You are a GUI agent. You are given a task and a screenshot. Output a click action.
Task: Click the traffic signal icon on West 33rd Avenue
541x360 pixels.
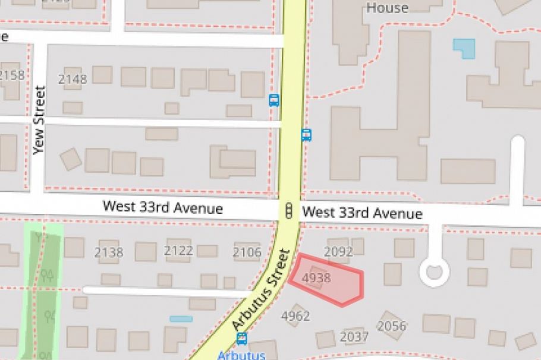click(290, 210)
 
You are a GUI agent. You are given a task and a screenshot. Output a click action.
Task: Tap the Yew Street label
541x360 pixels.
click(39, 120)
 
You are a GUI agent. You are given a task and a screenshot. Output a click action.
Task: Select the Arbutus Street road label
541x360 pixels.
click(262, 290)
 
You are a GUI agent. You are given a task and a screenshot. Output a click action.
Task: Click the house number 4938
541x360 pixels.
click(316, 277)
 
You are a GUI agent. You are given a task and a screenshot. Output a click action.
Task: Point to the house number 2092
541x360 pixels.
click(338, 252)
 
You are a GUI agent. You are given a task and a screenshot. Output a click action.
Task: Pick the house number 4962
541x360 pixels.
click(295, 315)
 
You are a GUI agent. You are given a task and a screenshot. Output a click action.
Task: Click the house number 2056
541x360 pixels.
click(392, 326)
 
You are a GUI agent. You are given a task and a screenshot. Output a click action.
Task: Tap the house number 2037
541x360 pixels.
click(354, 337)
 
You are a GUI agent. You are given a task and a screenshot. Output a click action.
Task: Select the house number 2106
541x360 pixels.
click(247, 252)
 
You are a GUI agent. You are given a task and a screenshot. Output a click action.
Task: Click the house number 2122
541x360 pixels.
click(178, 251)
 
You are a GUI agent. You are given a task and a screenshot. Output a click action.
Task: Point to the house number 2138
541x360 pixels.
click(109, 252)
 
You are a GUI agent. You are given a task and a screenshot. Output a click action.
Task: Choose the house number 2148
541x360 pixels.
click(73, 79)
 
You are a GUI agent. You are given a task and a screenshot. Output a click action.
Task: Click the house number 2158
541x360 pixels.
click(12, 75)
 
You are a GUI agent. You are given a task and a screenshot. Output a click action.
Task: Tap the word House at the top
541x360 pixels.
click(387, 8)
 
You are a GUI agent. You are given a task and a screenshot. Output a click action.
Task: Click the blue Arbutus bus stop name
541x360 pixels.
click(241, 355)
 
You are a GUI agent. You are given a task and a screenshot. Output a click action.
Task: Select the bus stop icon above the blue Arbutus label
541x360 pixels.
click(241, 339)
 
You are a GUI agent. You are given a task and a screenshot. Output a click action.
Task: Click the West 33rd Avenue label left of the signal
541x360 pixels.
click(163, 208)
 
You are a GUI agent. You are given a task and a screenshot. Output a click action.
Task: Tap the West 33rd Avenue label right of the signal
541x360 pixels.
click(362, 213)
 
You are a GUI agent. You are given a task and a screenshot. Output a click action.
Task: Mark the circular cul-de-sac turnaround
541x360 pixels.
click(434, 272)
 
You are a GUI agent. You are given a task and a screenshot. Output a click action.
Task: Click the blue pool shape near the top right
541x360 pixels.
click(464, 48)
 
